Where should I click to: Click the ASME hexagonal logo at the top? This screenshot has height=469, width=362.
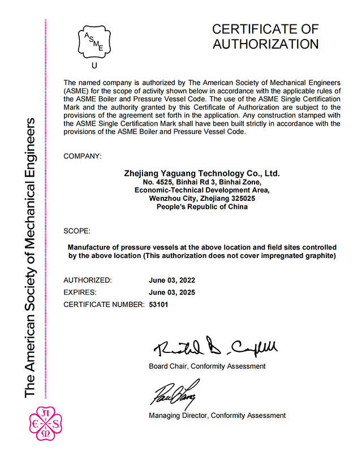tap(94, 42)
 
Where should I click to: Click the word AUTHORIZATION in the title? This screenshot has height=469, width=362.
tap(265, 44)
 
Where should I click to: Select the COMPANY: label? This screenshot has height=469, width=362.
tap(83, 155)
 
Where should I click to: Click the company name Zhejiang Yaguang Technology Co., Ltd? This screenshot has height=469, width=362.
tap(202, 173)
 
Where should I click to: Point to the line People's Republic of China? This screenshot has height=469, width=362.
tap(202, 207)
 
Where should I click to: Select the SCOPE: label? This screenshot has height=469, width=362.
tap(76, 230)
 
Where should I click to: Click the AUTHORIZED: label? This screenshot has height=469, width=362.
tap(88, 280)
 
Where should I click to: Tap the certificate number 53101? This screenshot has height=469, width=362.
tap(159, 305)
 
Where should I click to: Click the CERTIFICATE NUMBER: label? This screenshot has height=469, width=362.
tap(104, 305)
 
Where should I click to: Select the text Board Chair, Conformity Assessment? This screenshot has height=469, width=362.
tap(207, 366)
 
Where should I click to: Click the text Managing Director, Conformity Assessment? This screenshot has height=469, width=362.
tap(217, 415)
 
